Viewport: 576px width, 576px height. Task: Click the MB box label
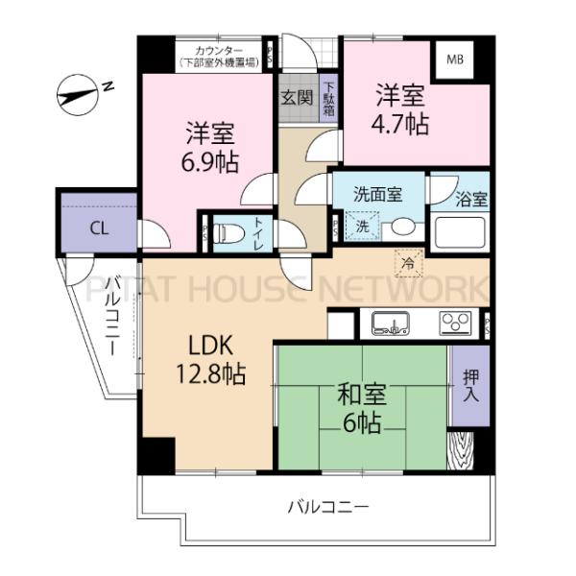453,59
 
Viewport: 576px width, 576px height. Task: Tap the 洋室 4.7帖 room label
401,109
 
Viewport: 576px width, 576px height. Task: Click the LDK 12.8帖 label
210,358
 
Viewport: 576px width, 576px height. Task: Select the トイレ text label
260,233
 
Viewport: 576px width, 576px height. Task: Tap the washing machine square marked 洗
363,227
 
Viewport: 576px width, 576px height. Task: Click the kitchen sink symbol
392,323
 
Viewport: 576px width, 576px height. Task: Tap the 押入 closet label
469,384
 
